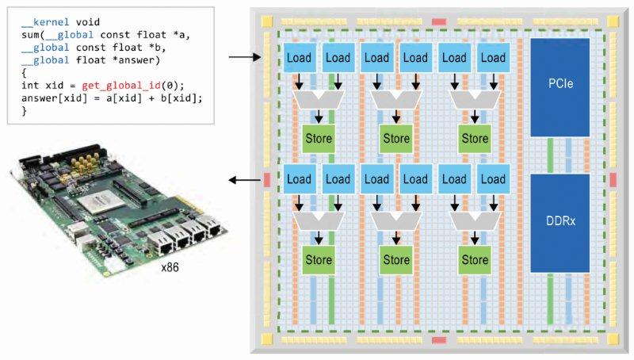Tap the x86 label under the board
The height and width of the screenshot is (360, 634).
170,268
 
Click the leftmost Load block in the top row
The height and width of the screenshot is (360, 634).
299,58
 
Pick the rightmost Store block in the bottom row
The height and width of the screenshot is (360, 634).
475,259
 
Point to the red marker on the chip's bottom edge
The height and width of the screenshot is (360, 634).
440,341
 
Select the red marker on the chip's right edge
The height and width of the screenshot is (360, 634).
613,180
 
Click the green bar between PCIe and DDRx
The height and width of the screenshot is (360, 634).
550,153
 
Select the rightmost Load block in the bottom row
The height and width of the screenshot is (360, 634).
493,179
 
